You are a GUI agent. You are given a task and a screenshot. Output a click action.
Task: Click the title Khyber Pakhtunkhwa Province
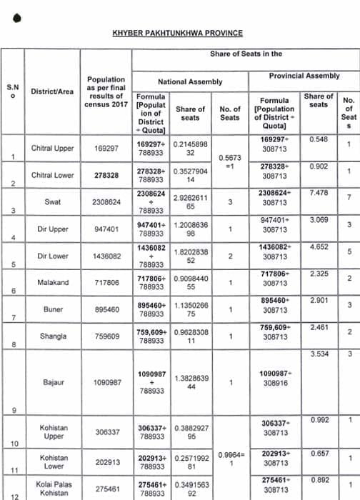177,33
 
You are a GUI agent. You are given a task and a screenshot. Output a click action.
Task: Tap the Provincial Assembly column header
304,75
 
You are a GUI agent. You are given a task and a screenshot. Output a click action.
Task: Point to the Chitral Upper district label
53,149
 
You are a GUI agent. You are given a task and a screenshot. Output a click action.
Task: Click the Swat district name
52,202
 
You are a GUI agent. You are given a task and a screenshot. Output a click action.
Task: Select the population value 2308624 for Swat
105,202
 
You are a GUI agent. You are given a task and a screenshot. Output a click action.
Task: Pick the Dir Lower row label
52,255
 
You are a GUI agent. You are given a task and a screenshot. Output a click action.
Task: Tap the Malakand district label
52,283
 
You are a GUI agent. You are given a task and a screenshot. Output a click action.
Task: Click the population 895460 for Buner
105,311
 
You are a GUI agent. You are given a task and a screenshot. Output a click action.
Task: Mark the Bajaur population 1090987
105,383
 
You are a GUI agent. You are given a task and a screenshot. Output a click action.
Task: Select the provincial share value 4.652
319,246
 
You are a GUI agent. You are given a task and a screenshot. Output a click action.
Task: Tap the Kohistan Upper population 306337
106,432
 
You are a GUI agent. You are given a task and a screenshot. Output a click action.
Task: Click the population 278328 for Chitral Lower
105,175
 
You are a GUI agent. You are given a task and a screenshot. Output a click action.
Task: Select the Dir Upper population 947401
105,229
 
